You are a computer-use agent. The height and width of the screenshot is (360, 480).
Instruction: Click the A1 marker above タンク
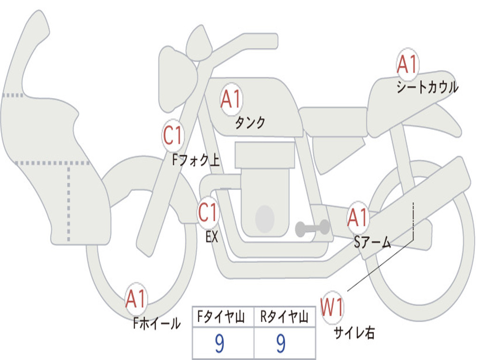(231, 99)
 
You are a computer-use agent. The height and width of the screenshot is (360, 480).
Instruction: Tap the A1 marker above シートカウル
(407, 65)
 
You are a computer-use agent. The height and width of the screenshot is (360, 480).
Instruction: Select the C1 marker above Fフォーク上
(173, 136)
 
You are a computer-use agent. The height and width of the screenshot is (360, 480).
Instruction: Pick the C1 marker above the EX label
(208, 213)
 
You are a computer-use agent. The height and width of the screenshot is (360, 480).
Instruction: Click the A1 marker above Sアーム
(358, 217)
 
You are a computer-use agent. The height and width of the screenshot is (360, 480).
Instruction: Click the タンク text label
(250, 123)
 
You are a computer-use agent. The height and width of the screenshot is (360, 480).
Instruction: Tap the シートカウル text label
(427, 88)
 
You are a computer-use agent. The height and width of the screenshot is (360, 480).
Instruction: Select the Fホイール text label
(157, 323)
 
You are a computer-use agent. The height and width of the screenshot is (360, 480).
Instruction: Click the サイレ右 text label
(354, 333)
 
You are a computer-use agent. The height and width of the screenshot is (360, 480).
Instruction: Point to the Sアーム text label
(373, 242)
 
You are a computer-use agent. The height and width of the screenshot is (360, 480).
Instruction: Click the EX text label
(212, 237)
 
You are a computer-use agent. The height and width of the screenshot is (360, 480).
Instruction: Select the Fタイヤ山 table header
(223, 318)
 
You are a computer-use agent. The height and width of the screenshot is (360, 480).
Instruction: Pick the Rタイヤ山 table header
(284, 318)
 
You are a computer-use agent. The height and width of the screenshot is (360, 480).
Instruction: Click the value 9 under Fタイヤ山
(219, 344)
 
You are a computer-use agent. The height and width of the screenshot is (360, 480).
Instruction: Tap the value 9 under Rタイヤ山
(281, 344)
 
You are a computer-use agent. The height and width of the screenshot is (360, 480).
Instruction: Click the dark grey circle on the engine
(265, 218)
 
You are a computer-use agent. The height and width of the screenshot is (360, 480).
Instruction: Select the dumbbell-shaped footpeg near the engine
(312, 228)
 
